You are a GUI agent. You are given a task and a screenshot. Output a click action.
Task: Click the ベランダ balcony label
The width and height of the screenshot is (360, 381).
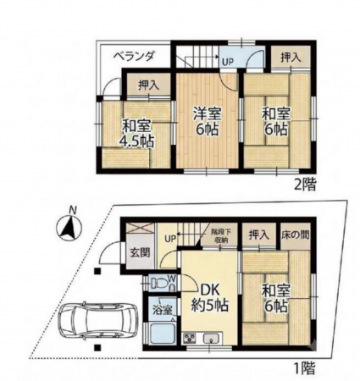point(134,57)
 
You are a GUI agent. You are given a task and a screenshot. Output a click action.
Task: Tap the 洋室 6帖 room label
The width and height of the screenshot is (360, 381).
point(208,122)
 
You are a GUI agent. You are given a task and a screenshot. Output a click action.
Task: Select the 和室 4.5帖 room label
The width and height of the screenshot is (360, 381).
point(138,134)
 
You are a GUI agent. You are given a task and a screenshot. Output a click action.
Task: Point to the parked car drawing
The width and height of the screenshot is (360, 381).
point(98,322)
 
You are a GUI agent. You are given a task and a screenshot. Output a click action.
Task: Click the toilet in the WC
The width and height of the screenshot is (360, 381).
point(158,284)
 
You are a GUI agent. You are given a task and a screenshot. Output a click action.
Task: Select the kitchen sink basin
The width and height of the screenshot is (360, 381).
point(211,338)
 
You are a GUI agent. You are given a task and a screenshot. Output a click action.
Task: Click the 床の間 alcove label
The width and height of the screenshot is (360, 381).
point(295,235)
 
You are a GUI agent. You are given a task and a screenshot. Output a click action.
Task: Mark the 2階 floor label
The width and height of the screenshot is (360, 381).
point(305,185)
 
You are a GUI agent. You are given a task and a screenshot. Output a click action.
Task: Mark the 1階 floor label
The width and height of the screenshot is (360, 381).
point(305,367)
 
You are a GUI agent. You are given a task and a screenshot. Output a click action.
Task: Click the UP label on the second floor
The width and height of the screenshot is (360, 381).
point(227,62)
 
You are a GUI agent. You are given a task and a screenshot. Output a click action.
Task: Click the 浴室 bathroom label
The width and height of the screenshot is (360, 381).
point(162,310)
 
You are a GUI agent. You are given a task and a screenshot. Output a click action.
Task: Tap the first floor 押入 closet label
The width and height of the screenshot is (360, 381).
point(258,235)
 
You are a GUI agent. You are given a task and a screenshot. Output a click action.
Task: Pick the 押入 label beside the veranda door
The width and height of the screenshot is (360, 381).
point(148,86)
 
